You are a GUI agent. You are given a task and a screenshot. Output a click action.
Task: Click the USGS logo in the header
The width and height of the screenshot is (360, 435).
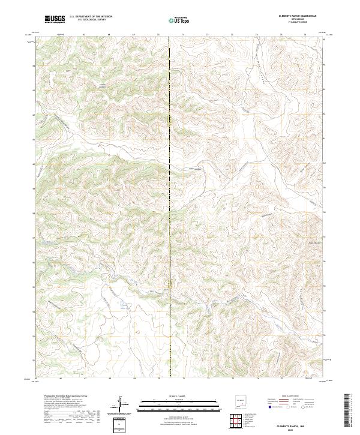pyautogui.click(x=55, y=20)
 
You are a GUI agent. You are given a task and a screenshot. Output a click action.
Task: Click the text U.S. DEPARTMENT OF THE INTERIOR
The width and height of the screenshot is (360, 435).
pyautogui.click(x=91, y=17)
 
